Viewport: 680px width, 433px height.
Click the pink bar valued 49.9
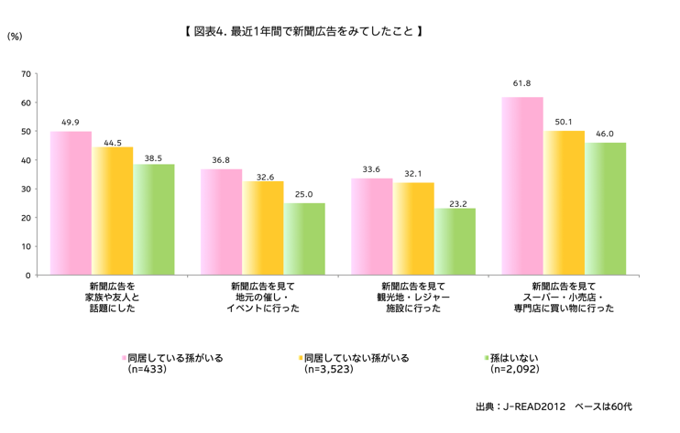(x=71, y=203)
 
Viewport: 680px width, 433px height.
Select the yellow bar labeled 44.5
(x=113, y=211)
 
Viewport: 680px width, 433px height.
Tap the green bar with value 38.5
(x=154, y=220)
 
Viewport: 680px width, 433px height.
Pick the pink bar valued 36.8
(x=221, y=222)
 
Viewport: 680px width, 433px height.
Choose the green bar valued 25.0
(x=304, y=239)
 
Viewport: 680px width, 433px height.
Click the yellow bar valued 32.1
(x=413, y=229)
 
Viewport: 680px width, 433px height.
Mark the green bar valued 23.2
(x=455, y=242)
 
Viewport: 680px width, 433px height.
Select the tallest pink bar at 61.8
(x=522, y=186)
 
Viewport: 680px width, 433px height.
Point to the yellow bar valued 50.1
(x=564, y=203)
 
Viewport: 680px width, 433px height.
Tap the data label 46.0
(x=605, y=134)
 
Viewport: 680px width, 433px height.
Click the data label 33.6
(x=371, y=169)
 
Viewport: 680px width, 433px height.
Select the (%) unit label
(x=15, y=36)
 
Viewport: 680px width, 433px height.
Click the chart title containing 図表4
(x=302, y=31)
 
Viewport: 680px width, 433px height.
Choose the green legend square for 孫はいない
(x=486, y=358)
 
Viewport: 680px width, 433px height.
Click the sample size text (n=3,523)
(x=335, y=371)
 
